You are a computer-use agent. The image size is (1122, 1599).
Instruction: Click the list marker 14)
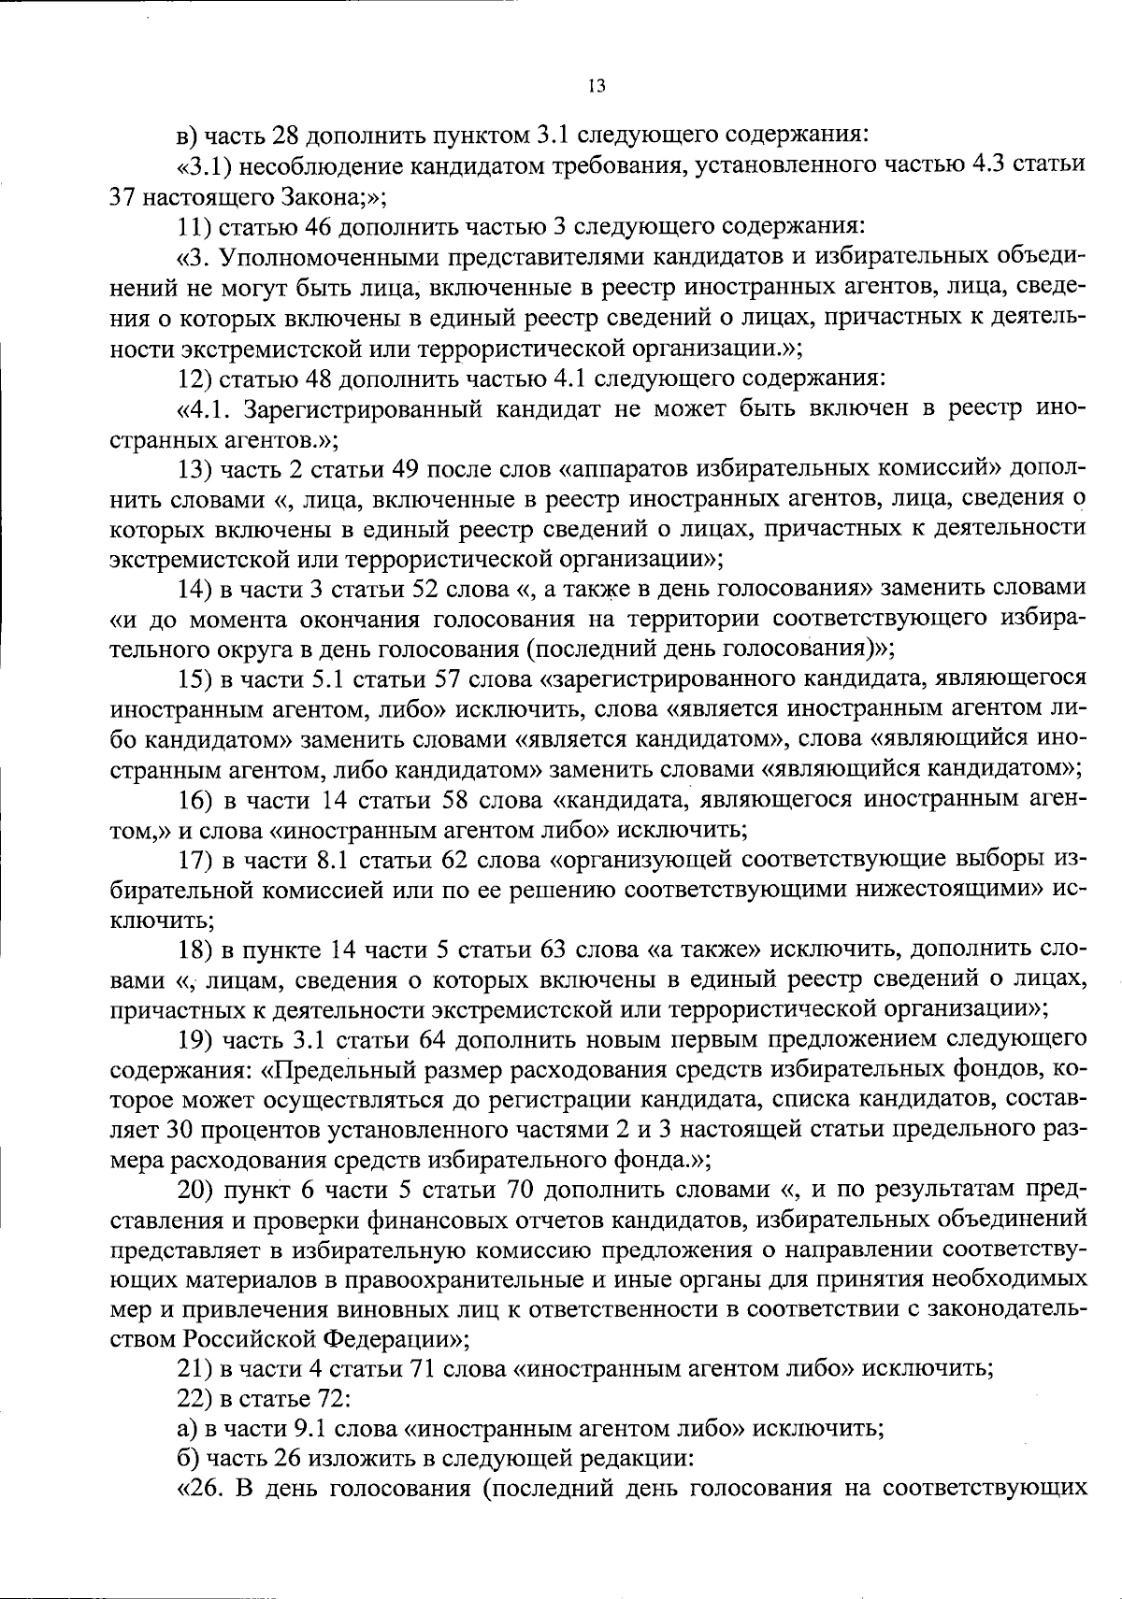(x=196, y=589)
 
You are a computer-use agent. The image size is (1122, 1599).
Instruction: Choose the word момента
(x=233, y=619)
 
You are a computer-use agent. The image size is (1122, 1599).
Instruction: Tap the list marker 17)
(x=196, y=859)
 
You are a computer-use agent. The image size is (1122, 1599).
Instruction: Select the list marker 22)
(x=196, y=1399)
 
